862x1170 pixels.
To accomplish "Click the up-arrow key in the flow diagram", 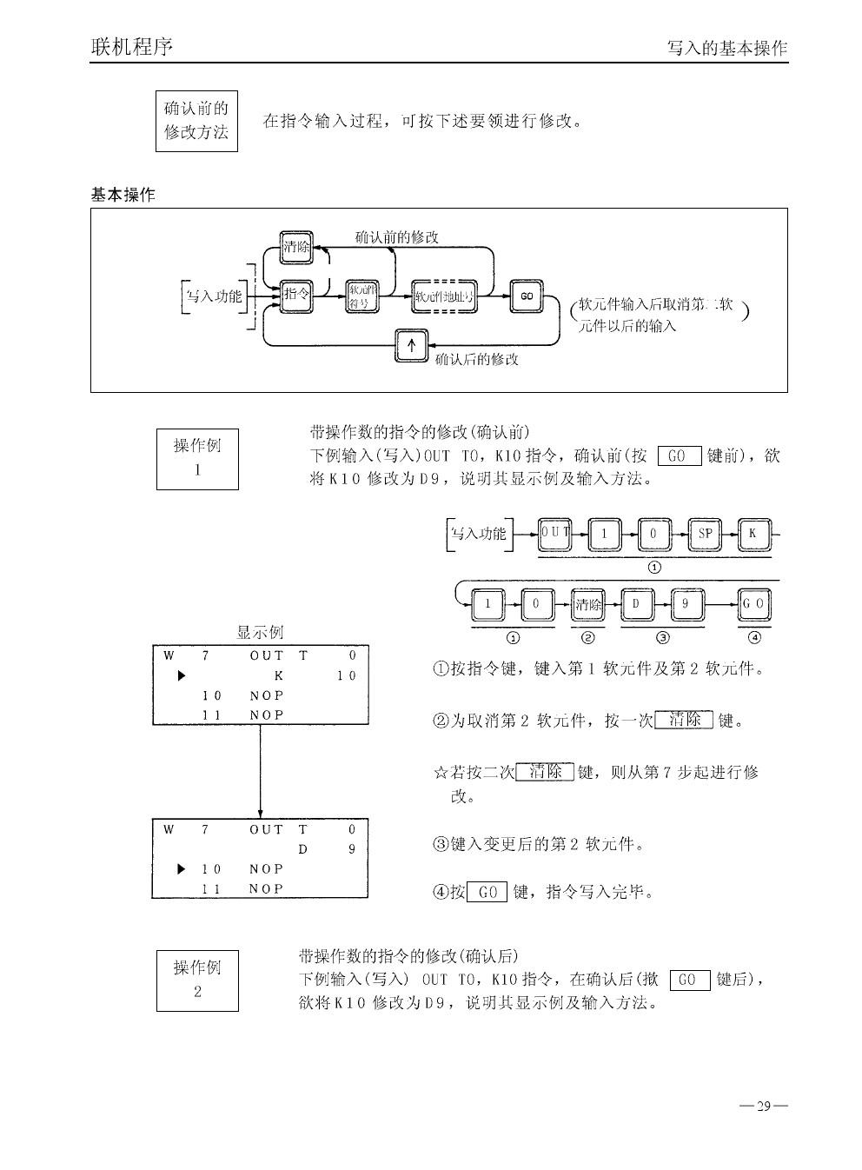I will (412, 346).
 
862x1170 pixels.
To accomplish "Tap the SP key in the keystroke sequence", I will (705, 534).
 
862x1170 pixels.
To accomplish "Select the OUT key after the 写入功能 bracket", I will (554, 533).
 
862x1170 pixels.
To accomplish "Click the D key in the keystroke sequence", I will (637, 604).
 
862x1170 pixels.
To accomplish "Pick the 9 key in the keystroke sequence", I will (686, 604).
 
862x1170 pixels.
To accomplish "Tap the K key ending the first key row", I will (753, 534).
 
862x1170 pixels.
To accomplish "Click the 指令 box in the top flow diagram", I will (297, 296).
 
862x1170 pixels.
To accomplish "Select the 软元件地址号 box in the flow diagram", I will (444, 296).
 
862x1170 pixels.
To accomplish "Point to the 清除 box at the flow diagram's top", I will (297, 247).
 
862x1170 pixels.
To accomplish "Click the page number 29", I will (764, 1107).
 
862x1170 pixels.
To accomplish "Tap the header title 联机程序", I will (131, 46).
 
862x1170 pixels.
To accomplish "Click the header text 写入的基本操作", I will (726, 49).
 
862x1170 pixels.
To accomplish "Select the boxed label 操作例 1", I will (197, 458).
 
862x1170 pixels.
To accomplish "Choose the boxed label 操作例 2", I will (197, 980).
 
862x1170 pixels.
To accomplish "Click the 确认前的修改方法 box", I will (196, 121).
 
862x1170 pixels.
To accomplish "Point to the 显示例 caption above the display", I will (260, 633).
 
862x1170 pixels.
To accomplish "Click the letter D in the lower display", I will (302, 849).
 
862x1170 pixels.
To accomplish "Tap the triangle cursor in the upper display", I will (182, 675).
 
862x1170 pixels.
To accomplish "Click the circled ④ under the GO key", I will (754, 637).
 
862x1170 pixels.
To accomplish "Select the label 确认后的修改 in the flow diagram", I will (476, 359).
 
